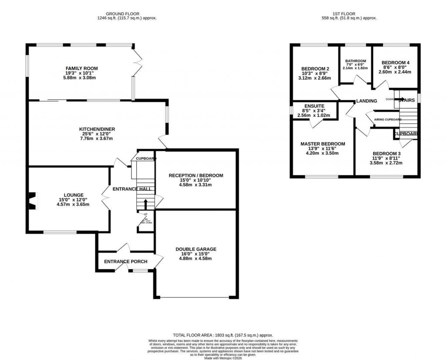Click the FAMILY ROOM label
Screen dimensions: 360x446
pyautogui.click(x=81, y=68)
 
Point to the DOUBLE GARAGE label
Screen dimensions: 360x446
pyautogui.click(x=196, y=249)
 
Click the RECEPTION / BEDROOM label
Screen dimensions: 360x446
pyautogui.click(x=196, y=175)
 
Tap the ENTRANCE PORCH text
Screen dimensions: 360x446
pyautogui.click(x=125, y=262)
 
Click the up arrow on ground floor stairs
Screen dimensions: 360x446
pyautogui.click(x=145, y=203)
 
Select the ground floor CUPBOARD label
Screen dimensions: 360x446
pyautogui.click(x=145, y=158)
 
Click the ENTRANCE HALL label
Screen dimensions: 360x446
pyautogui.click(x=132, y=189)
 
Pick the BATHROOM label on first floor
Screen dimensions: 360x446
pyautogui.click(x=355, y=61)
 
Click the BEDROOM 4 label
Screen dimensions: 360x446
pyautogui.click(x=396, y=62)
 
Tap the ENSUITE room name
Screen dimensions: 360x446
pyautogui.click(x=314, y=106)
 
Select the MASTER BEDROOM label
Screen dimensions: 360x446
pyautogui.click(x=323, y=144)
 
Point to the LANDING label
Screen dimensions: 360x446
pyautogui.click(x=366, y=101)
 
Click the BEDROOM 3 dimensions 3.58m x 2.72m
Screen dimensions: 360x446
pyautogui.click(x=386, y=163)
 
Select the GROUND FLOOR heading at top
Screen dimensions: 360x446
pyautogui.click(x=127, y=14)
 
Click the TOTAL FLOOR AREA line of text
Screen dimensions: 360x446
pyautogui.click(x=223, y=335)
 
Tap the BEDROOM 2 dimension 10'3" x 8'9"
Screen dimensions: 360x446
pyautogui.click(x=315, y=74)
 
